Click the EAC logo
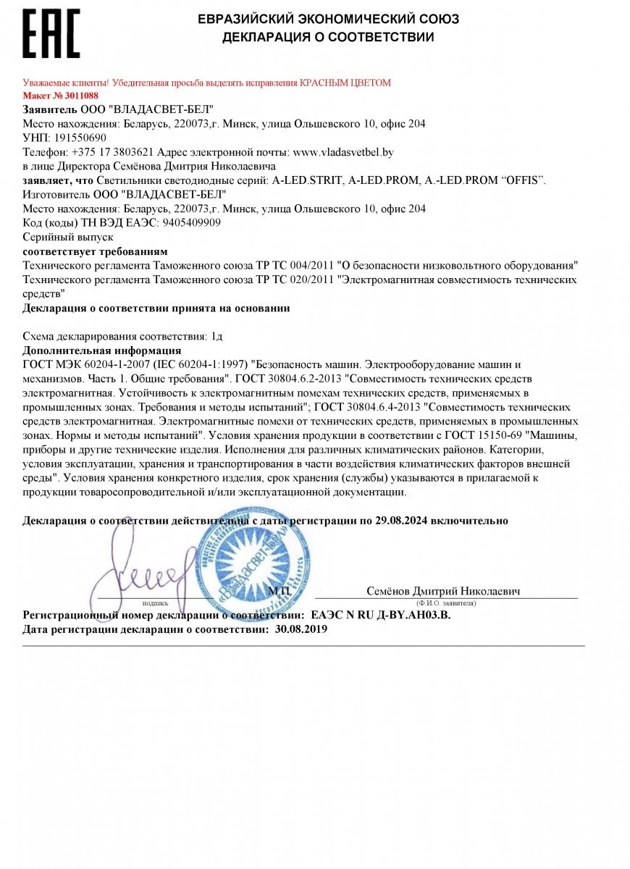[51, 33]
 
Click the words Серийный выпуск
[69, 237]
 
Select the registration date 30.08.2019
[301, 629]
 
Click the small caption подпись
[156, 603]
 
